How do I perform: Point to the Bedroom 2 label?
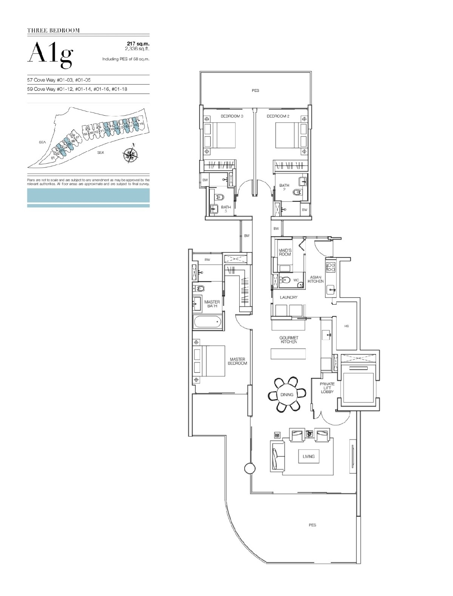coord(278,116)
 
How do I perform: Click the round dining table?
coord(287,395)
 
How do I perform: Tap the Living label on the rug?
coord(308,457)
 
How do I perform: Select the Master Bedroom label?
coord(237,361)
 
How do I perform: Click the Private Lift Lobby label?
coord(327,388)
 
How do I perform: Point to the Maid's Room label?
coord(285,252)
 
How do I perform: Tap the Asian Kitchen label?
coord(316,279)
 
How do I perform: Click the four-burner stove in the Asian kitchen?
coord(331,267)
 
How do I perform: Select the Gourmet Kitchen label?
coord(289,339)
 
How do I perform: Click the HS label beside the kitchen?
coord(347,326)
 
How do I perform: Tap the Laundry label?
coord(289,297)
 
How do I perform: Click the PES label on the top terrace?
coord(256,91)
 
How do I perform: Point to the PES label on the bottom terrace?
coord(312,525)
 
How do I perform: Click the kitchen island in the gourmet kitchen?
coord(288,354)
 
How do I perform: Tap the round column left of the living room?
coord(250,469)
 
